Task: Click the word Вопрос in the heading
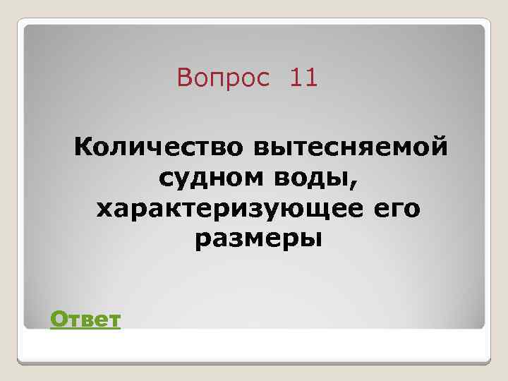pyautogui.click(x=224, y=78)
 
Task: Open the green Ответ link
pyautogui.click(x=85, y=321)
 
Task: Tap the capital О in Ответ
pyautogui.click(x=58, y=321)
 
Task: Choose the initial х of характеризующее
pyautogui.click(x=104, y=210)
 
